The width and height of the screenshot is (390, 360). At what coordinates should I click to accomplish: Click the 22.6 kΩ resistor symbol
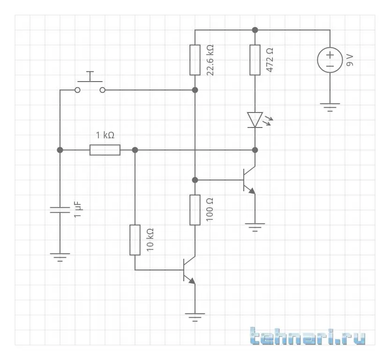[195, 60]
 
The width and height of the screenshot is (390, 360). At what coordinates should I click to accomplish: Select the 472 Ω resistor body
[255, 60]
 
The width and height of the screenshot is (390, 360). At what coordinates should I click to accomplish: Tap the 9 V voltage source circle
[330, 60]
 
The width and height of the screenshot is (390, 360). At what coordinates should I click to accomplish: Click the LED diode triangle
[255, 120]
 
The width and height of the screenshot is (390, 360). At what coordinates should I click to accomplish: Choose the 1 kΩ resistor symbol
[105, 150]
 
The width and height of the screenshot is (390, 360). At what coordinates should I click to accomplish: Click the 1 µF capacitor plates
[60, 210]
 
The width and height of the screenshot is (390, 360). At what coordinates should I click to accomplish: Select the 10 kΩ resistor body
[135, 240]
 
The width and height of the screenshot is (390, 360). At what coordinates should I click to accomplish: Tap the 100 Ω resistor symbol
[195, 210]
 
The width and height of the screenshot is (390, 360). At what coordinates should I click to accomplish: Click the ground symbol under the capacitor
[60, 257]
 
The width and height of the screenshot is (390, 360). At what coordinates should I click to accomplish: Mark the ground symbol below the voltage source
[330, 107]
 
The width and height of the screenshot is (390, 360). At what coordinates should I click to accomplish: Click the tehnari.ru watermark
[307, 337]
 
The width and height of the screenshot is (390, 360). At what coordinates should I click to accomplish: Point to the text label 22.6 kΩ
[210, 60]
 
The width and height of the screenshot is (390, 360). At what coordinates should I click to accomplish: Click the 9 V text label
[350, 60]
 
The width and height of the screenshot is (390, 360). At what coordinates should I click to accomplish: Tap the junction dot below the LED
[255, 150]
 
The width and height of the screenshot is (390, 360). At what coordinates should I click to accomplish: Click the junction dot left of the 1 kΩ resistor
[60, 150]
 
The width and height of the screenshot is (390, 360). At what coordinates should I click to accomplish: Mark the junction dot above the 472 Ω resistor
[255, 30]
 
